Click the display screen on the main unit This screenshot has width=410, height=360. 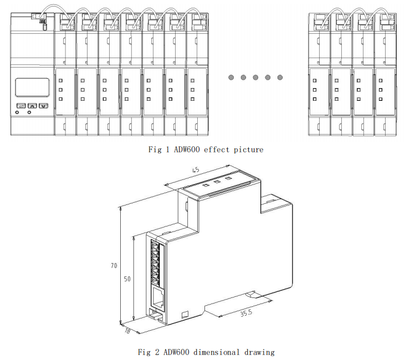coord(31,88)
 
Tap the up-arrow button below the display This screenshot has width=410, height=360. coord(32,105)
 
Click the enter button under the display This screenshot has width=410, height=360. coord(20,105)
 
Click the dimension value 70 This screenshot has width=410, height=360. coord(114,266)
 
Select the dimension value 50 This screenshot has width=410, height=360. coord(127,279)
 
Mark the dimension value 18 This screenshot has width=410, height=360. coord(127,331)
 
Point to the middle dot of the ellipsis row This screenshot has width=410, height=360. coord(255,78)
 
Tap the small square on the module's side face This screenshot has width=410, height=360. coord(185,315)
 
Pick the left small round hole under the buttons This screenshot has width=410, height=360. coord(17,112)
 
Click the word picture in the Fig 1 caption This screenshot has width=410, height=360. coord(249,150)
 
